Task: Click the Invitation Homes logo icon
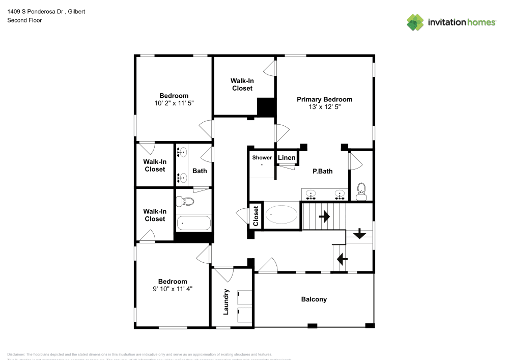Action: [x=415, y=22]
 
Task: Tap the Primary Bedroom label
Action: [x=324, y=99]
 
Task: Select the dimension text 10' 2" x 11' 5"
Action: [x=174, y=103]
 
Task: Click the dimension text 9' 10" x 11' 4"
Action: [x=172, y=289]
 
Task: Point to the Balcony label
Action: [x=314, y=299]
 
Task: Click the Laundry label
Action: [x=226, y=301]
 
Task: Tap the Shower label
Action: [x=262, y=158]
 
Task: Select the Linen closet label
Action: [x=287, y=158]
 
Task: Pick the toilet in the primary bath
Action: [x=361, y=190]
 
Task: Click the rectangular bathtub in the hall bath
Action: [x=193, y=223]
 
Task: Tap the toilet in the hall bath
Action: [x=185, y=202]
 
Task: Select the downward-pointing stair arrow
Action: [x=359, y=234]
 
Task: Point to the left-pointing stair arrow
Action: [x=342, y=259]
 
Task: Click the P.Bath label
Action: [x=322, y=172]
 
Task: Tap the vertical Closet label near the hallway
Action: [x=256, y=215]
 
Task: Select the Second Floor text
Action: [x=24, y=20]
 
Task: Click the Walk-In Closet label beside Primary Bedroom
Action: [x=242, y=85]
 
